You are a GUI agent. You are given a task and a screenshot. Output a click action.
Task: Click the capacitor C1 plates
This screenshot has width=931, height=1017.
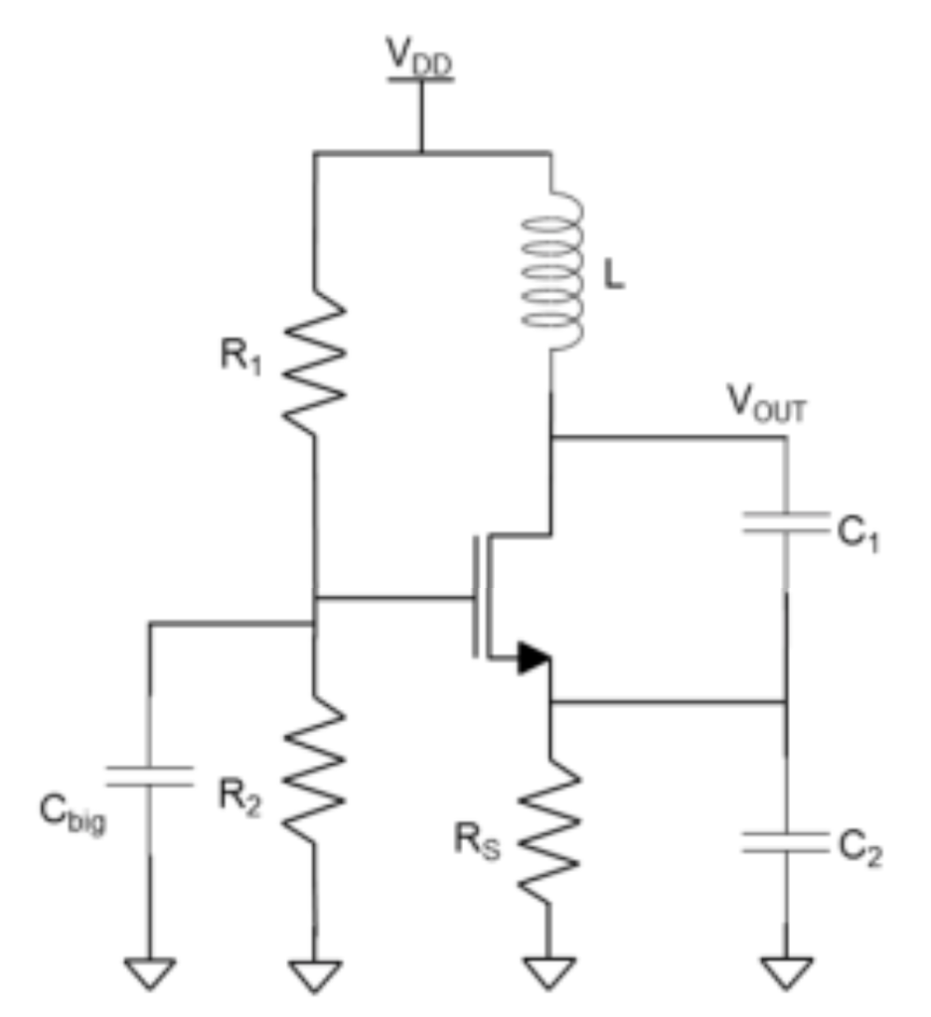[786, 523]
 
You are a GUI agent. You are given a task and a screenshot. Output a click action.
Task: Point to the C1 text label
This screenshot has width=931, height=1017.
[855, 536]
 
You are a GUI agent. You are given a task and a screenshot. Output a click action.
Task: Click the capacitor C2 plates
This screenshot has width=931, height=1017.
[786, 843]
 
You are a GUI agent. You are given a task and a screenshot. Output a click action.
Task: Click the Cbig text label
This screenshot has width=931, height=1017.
[72, 815]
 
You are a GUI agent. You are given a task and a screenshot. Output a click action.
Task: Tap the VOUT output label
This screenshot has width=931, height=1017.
[767, 406]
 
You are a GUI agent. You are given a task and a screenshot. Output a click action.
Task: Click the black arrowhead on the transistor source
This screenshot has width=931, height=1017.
[531, 658]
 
